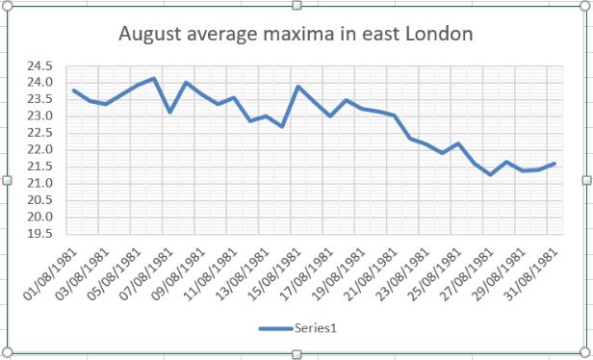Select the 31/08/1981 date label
coord(525,274)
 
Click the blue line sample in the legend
coord(274,329)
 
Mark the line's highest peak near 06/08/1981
coord(154,78)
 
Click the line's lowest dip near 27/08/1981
coord(490,175)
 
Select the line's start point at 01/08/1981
coord(73,90)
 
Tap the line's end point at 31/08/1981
coord(555,164)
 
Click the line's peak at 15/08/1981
coord(297,87)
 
